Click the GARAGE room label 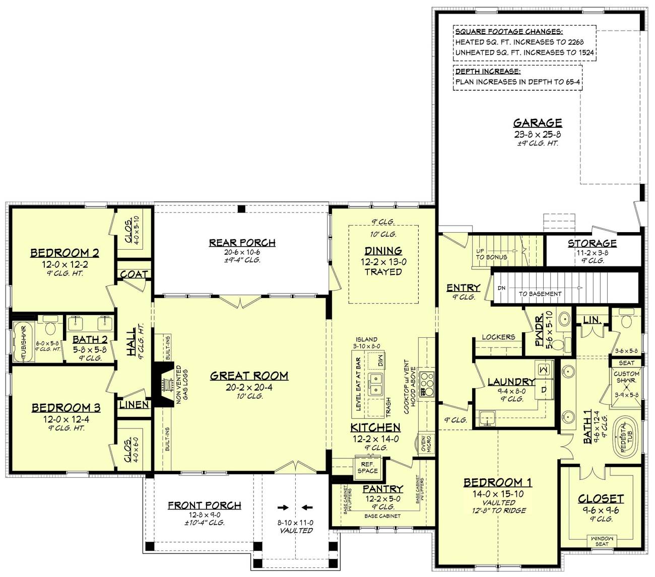[538, 123]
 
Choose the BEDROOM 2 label [64, 253]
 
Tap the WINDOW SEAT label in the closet [602, 541]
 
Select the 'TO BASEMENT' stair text [540, 294]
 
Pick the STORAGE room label [592, 243]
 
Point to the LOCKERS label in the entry [498, 337]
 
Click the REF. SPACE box [367, 468]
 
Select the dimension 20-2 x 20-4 [249, 387]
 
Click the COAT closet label [134, 274]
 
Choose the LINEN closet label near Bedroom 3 [134, 404]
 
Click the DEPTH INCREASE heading [481, 71]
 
